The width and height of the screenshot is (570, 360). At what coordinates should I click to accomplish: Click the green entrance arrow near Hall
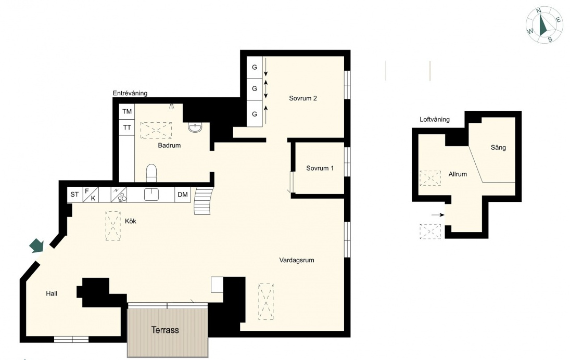click(37, 246)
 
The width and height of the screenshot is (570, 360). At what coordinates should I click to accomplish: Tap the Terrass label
click(165, 330)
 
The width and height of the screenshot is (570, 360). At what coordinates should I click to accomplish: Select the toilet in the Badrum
click(151, 173)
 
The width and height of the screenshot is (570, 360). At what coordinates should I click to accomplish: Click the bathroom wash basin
click(195, 127)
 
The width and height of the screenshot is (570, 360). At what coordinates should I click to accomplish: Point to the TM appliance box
click(127, 111)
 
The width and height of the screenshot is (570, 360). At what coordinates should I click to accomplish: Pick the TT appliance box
click(127, 127)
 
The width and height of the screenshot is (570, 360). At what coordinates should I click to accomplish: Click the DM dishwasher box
click(183, 195)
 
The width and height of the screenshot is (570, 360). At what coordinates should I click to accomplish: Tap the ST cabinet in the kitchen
click(74, 195)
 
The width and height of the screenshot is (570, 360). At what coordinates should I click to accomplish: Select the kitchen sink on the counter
click(151, 195)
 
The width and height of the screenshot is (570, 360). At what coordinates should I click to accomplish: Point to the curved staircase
click(203, 200)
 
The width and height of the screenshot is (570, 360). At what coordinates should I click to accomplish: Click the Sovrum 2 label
click(303, 98)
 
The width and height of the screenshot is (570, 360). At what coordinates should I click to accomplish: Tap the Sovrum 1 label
click(320, 168)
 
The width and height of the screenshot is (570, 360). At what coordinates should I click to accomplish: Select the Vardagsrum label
click(297, 260)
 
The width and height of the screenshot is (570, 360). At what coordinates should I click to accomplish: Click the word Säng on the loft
click(498, 148)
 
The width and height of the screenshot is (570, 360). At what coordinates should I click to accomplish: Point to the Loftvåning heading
click(435, 119)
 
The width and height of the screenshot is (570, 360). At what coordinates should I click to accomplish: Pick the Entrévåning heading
click(130, 93)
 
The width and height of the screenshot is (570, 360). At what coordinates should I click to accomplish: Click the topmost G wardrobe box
click(255, 67)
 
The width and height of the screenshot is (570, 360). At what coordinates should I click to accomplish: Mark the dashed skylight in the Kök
click(113, 226)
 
